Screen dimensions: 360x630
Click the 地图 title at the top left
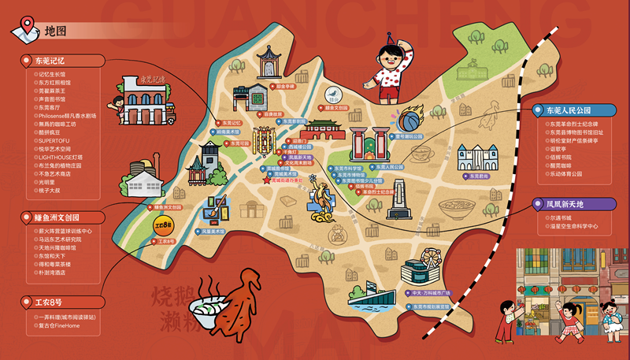coord(55,32)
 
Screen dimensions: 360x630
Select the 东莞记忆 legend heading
coord(52,60)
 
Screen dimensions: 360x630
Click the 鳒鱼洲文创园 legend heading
coord(57,217)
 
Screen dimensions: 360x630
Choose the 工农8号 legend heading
coord(49,301)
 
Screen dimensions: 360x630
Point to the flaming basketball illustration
coord(409,121)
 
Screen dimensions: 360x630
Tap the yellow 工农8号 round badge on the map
coord(162,228)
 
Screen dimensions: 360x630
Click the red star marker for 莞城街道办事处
coord(266,180)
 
